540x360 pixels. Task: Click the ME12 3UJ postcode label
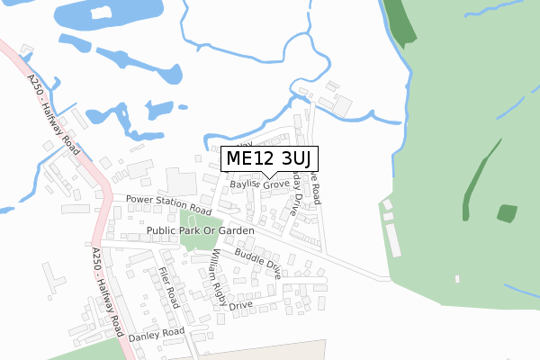269,159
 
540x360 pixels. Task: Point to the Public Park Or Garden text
200,231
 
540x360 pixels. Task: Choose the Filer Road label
169,288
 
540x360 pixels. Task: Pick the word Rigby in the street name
221,289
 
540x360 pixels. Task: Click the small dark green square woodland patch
508,213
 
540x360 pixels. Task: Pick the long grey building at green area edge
393,239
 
